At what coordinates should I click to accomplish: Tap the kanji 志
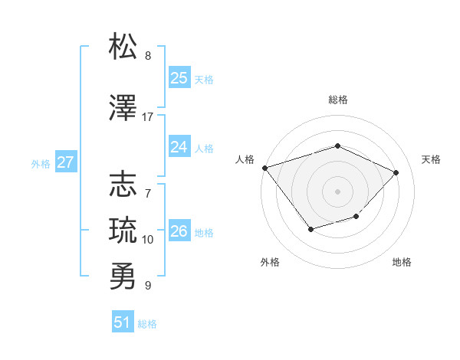[x=123, y=185]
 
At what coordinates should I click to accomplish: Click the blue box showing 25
[x=179, y=78]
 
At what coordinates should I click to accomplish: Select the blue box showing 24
[x=179, y=147]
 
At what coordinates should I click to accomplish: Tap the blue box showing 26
[x=179, y=231]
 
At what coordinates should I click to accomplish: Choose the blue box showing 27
[x=65, y=162]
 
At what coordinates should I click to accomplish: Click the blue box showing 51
[x=123, y=322]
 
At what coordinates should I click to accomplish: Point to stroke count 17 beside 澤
[x=148, y=117]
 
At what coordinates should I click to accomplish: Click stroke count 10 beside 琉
[x=148, y=240]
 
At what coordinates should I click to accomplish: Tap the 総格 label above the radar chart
[x=337, y=100]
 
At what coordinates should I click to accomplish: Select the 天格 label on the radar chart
[x=431, y=159]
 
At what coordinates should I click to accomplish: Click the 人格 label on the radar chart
[x=245, y=159]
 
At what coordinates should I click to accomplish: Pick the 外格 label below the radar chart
[x=270, y=263]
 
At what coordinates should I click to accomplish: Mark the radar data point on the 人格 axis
[x=264, y=167]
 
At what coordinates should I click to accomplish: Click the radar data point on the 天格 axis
[x=396, y=172]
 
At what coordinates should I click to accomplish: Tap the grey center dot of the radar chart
[x=337, y=191]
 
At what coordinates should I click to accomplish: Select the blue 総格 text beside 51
[x=147, y=324]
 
